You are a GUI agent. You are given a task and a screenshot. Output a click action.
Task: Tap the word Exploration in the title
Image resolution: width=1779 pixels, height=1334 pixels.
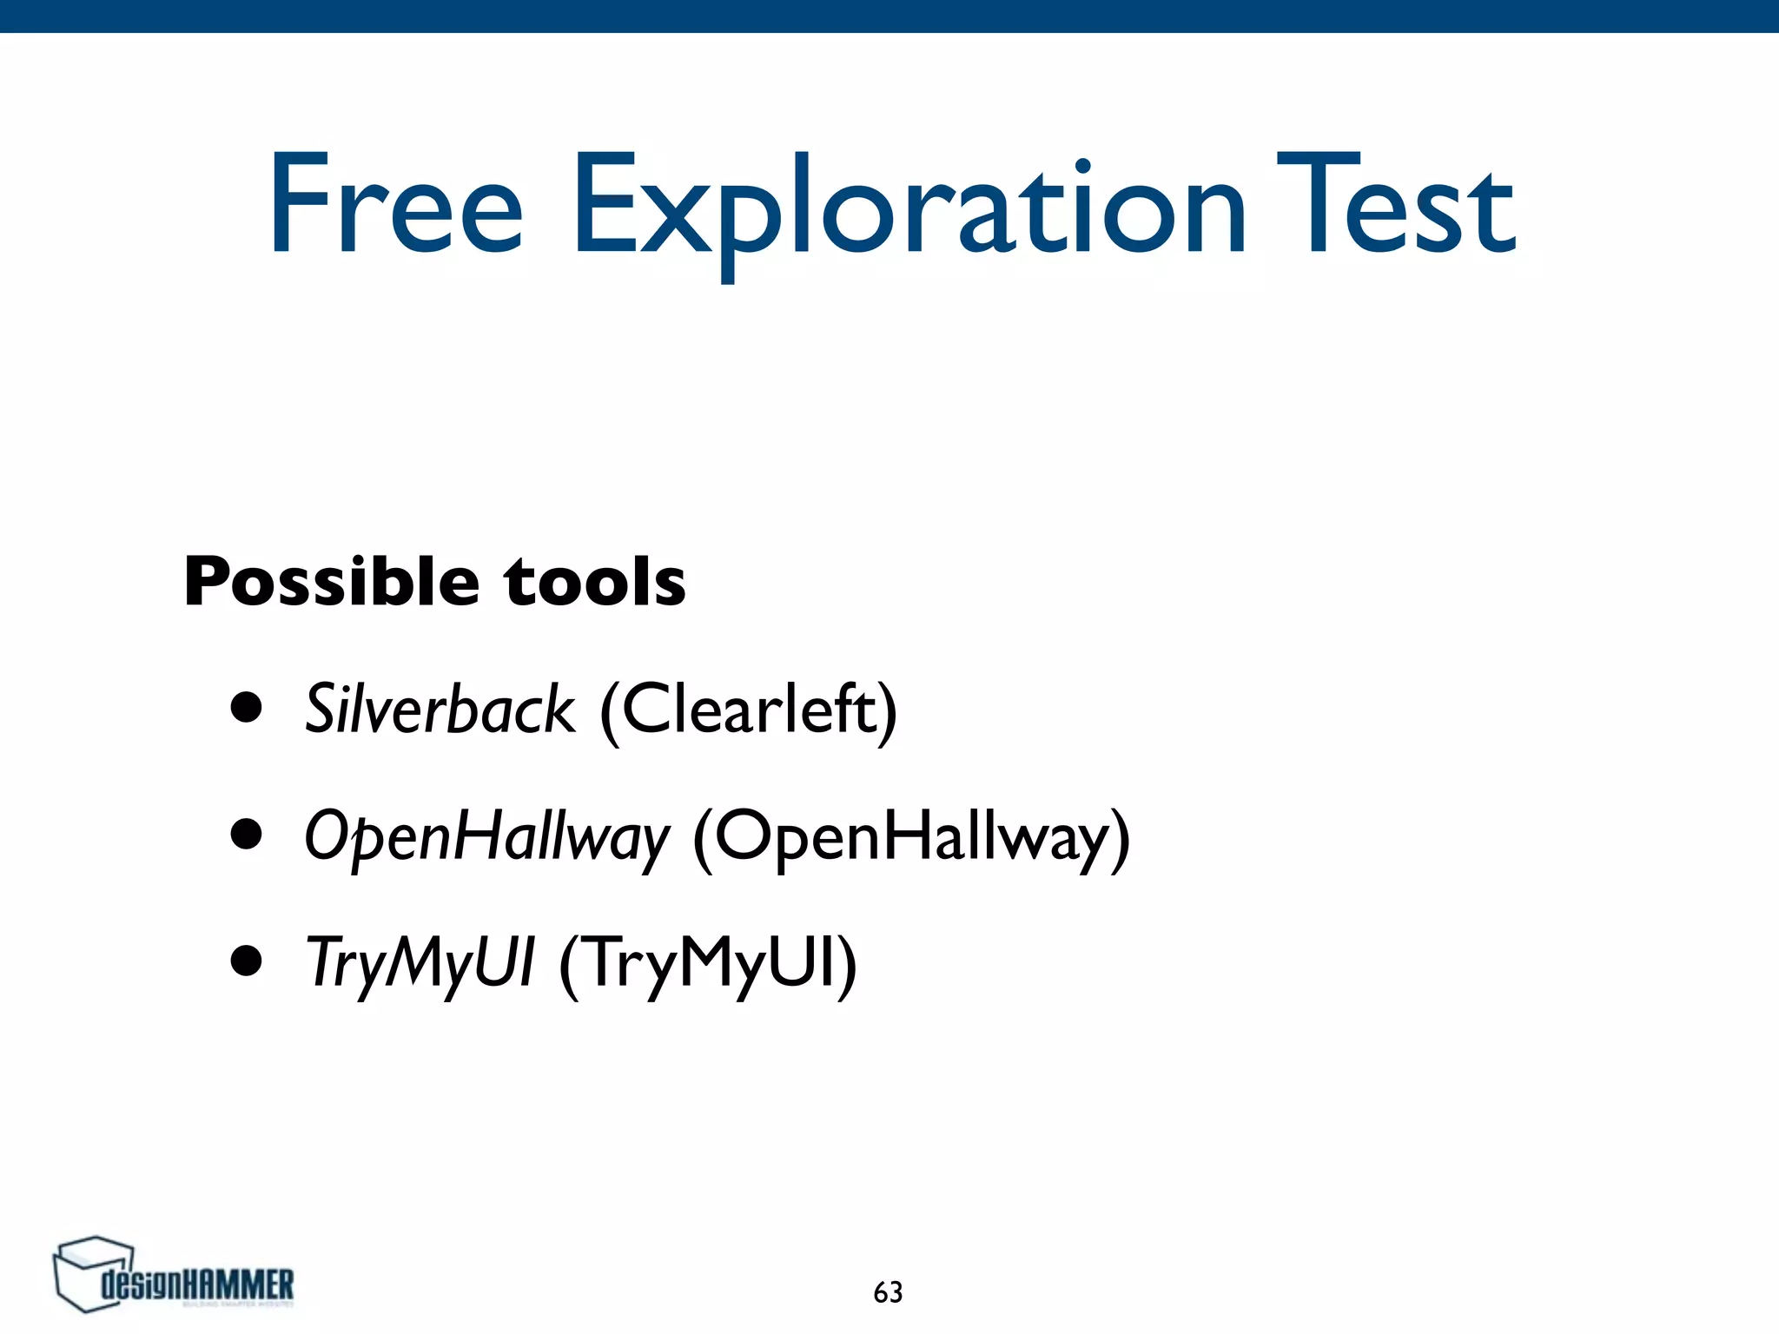pos(908,208)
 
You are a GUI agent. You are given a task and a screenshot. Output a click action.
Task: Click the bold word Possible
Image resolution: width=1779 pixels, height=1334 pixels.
pos(330,582)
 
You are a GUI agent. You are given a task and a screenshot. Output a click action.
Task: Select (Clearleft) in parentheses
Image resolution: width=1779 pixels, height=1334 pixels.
pos(748,711)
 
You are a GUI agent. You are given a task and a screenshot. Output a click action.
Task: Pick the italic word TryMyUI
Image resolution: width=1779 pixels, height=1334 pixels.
pos(420,963)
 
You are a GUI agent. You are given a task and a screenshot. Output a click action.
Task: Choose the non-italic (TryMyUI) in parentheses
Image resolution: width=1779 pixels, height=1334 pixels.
pos(707,964)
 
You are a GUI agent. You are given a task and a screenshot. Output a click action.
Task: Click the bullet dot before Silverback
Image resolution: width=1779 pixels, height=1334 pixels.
pos(247,707)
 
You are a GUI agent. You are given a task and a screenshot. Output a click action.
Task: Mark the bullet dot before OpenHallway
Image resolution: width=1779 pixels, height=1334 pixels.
pos(247,834)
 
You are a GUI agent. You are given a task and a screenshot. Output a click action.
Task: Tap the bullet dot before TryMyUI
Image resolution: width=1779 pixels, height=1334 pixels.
pos(247,961)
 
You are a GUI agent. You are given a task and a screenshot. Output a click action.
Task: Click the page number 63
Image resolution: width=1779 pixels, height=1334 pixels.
pos(888,1292)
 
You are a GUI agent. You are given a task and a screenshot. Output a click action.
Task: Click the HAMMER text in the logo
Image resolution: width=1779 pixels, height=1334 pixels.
pos(240,1284)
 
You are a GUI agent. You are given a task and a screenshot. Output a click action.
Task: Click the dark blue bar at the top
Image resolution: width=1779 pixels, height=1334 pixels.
pos(889,16)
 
